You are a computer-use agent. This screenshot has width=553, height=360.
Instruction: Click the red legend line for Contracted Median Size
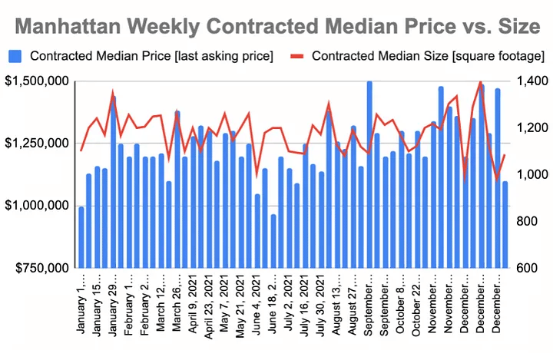[298, 55]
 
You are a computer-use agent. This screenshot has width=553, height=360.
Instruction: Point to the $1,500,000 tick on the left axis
[36, 81]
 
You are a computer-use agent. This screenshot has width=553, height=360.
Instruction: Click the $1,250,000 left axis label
[36, 144]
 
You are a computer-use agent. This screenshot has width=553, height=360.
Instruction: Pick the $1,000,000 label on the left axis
[36, 206]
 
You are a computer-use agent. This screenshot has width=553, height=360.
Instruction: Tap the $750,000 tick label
[40, 268]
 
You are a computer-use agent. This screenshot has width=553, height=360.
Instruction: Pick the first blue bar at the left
[81, 237]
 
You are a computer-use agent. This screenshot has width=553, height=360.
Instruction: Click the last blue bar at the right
[505, 224]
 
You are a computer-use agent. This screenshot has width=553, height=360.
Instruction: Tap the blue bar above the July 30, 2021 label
[321, 220]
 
